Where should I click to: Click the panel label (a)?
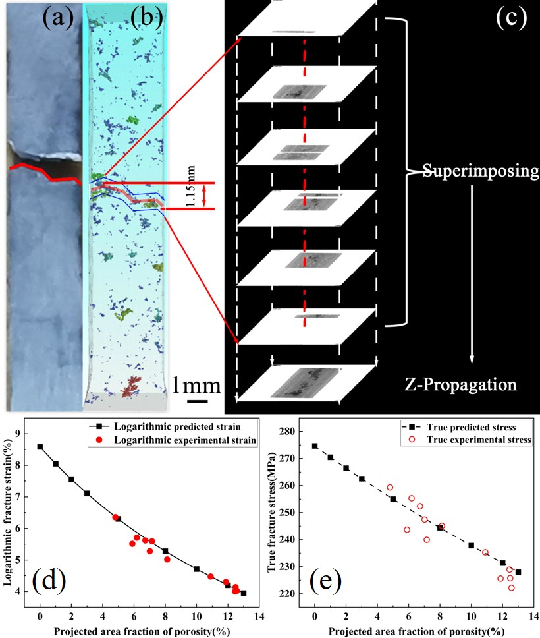click(58, 18)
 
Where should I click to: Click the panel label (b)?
click(146, 18)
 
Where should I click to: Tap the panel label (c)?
click(512, 18)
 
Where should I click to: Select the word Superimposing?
click(481, 171)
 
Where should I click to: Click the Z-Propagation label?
click(461, 384)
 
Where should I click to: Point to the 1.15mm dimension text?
click(190, 186)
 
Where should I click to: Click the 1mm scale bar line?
click(198, 401)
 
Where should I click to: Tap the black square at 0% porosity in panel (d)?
click(40, 447)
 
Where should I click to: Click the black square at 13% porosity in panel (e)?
click(518, 572)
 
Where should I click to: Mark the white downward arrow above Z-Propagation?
click(472, 274)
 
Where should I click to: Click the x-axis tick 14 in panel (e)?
click(534, 616)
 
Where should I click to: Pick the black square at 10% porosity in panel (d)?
click(196, 569)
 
